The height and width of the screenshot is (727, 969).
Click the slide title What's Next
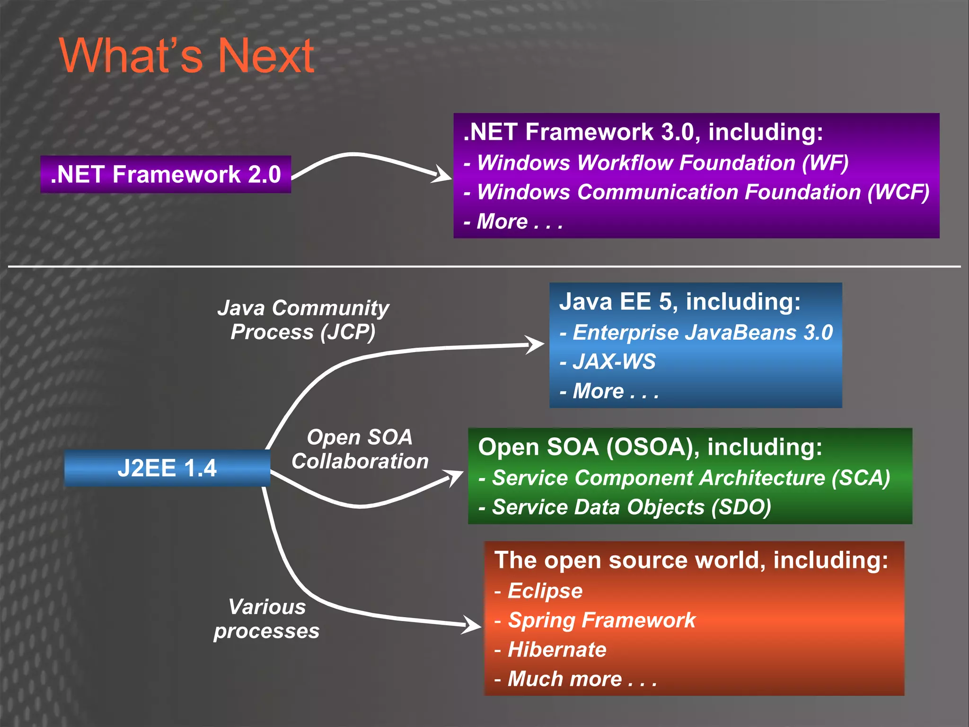[x=186, y=56]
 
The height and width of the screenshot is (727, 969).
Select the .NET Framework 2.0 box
[x=166, y=174]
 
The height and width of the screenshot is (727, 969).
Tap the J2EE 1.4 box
[x=167, y=468]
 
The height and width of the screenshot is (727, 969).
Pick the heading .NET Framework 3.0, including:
[x=643, y=132]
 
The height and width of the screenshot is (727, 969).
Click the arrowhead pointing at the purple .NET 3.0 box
[x=442, y=174]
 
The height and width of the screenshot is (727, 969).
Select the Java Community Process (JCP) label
[x=303, y=319]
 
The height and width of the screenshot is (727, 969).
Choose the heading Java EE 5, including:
[x=679, y=301]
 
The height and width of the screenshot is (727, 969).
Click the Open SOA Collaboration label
[x=360, y=449]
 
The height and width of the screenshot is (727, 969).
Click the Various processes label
[x=267, y=619]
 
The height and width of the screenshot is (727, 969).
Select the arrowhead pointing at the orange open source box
[x=472, y=625]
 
